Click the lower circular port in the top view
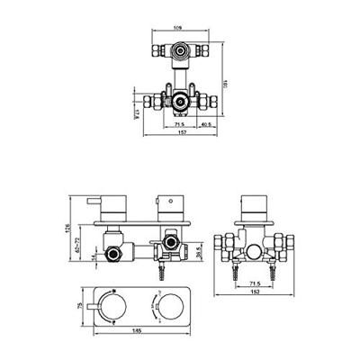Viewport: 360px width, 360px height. (180, 101)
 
